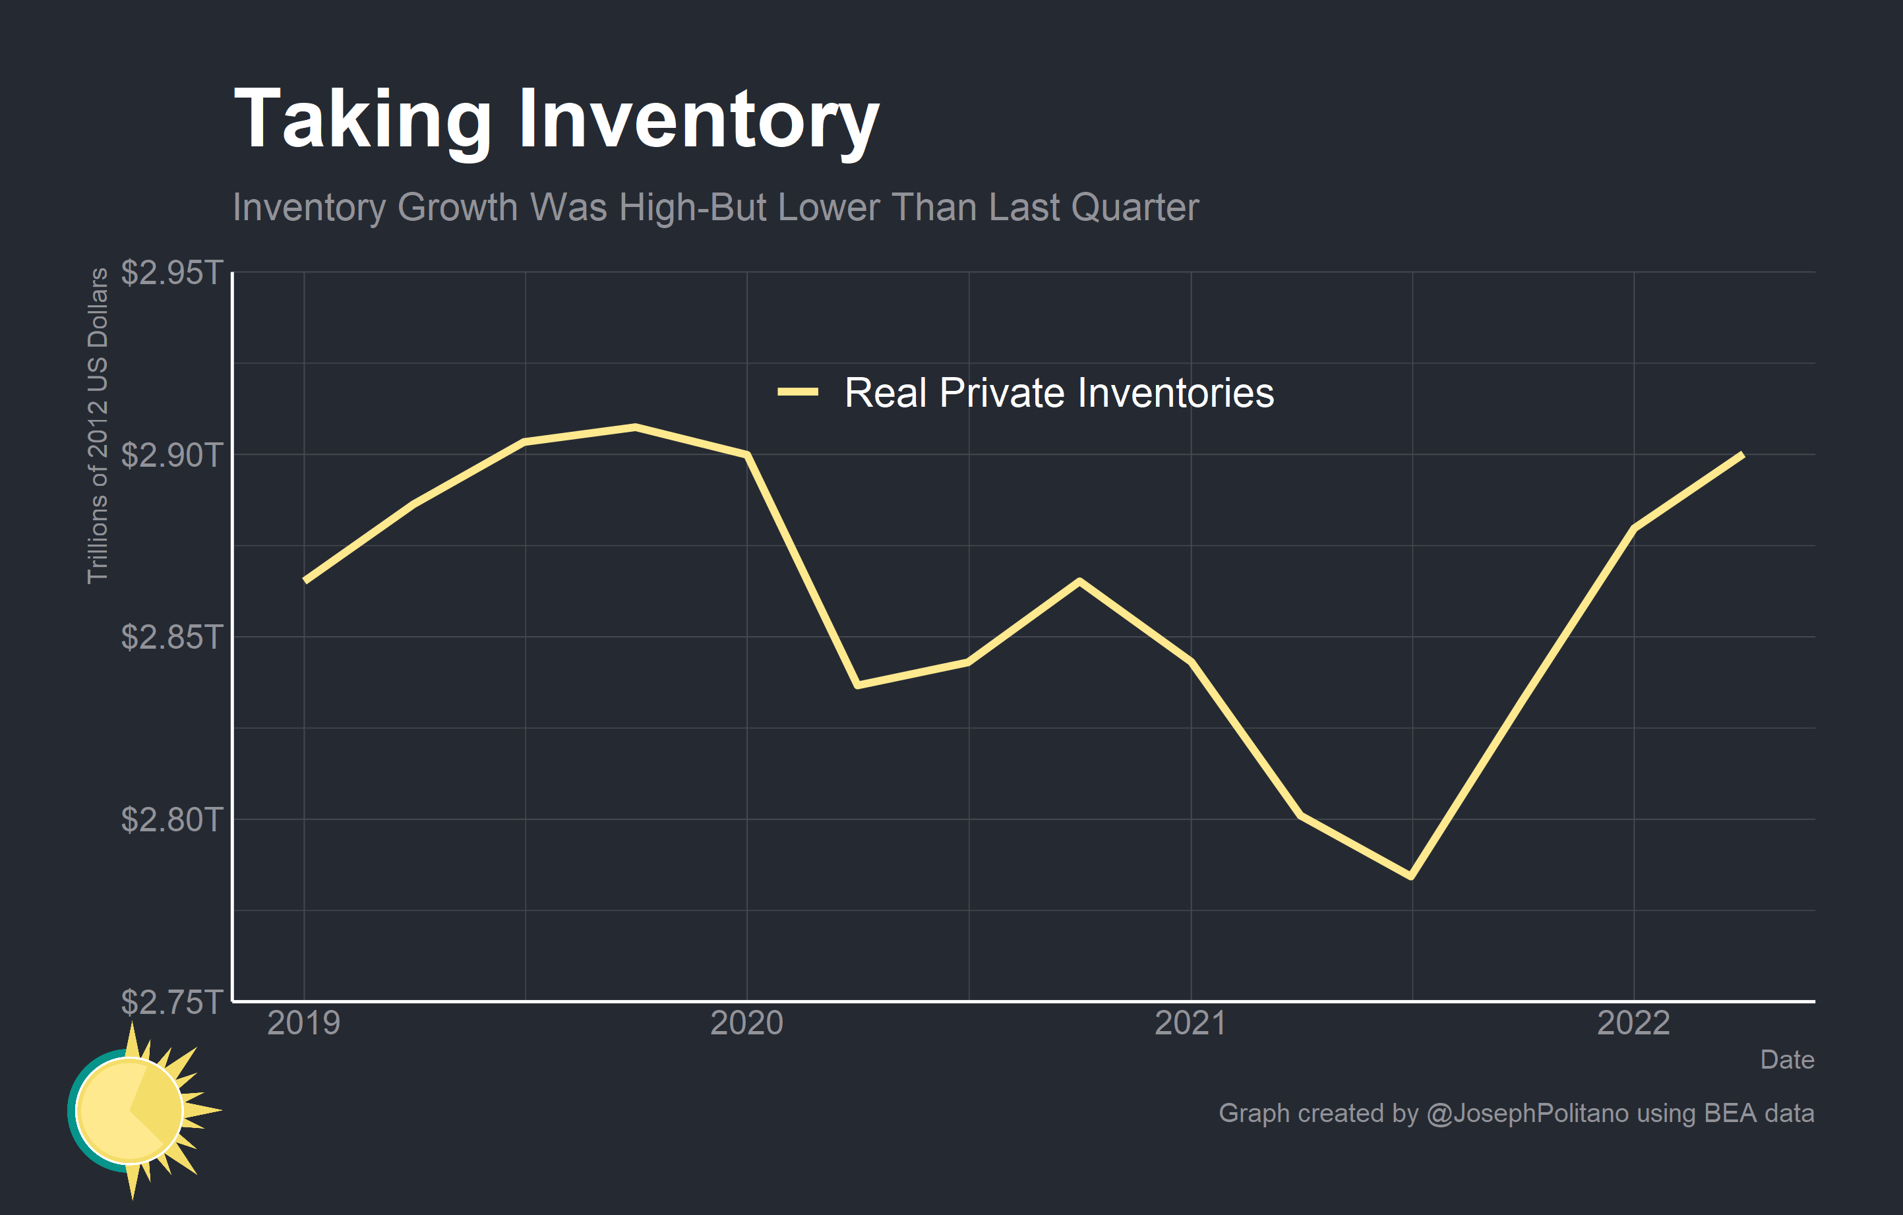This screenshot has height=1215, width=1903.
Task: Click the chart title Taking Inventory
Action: point(557,120)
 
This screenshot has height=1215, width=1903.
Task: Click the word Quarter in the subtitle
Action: point(1135,208)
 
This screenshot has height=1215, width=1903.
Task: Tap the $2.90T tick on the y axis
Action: point(171,455)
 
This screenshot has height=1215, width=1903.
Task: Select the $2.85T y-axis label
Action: point(171,637)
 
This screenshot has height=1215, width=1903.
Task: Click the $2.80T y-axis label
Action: point(171,819)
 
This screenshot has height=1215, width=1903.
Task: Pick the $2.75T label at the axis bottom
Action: point(171,1001)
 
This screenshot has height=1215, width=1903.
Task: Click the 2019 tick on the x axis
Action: point(303,1023)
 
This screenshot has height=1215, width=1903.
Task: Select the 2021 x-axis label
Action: point(1190,1023)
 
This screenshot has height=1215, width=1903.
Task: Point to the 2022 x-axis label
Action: point(1633,1023)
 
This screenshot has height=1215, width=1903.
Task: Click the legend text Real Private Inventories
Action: point(1059,393)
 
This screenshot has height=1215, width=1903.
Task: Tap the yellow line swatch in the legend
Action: point(797,392)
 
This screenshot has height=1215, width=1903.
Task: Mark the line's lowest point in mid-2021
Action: point(1412,876)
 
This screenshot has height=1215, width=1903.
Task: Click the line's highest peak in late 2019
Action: point(636,427)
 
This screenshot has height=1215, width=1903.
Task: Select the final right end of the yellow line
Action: point(1742,456)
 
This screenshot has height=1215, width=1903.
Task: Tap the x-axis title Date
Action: point(1786,1059)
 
